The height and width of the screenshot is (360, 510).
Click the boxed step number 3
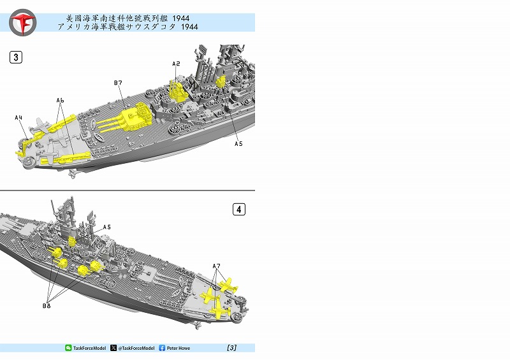point(16,57)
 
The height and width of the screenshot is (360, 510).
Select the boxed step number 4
point(239,210)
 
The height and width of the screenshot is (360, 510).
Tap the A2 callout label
point(176,64)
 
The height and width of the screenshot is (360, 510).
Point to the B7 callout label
point(118,83)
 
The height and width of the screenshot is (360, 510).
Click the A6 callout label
point(60,101)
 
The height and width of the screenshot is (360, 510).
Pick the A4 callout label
point(18,117)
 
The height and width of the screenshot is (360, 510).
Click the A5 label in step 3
point(238,144)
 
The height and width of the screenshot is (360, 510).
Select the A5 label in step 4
point(107,227)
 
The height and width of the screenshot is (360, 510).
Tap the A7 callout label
point(216,266)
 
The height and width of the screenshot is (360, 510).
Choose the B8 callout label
point(47,306)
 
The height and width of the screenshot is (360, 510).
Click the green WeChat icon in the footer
point(68,348)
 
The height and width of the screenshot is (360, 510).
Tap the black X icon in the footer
point(113,348)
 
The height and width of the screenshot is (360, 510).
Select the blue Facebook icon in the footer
point(162,348)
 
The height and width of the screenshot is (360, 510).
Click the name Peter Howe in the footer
point(178,348)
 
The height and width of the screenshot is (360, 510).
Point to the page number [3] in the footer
point(231,348)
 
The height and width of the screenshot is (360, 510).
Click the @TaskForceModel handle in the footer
point(136,348)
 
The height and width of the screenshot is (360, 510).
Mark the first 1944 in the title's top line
point(181,18)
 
